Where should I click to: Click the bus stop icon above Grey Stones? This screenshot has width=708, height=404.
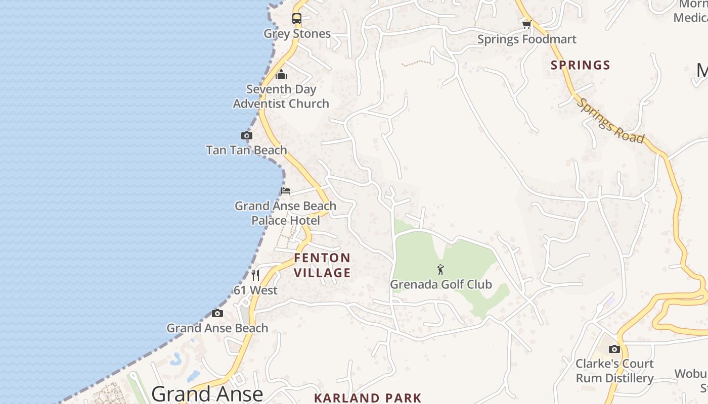click(297, 19)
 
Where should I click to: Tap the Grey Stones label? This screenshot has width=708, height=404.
click(297, 34)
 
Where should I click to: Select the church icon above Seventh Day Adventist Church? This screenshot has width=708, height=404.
click(281, 75)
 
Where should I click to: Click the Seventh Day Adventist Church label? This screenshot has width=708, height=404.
click(281, 96)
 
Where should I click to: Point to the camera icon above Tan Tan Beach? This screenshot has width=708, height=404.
click(247, 135)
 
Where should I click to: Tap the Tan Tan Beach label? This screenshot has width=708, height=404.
click(246, 150)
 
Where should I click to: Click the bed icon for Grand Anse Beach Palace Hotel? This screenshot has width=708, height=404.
click(286, 191)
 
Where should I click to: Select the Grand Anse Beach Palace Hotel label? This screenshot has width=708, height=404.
click(286, 213)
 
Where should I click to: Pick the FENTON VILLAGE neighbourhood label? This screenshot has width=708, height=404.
click(322, 265)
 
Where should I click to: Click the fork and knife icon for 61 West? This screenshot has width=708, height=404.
click(255, 275)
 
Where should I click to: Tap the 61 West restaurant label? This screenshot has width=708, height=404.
click(255, 290)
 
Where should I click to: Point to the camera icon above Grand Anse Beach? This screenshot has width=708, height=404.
click(217, 313)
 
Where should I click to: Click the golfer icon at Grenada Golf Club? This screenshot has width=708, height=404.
click(440, 270)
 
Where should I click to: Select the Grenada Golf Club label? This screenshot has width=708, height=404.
click(440, 284)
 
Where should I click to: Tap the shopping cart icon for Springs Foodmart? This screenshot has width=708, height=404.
click(526, 24)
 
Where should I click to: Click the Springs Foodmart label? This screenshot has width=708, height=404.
click(526, 39)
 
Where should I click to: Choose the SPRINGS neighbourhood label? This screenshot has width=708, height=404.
click(581, 65)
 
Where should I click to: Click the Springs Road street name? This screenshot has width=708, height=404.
click(611, 120)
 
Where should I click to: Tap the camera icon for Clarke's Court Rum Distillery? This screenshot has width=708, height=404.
click(614, 349)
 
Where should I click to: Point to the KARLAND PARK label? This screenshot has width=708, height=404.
click(368, 397)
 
